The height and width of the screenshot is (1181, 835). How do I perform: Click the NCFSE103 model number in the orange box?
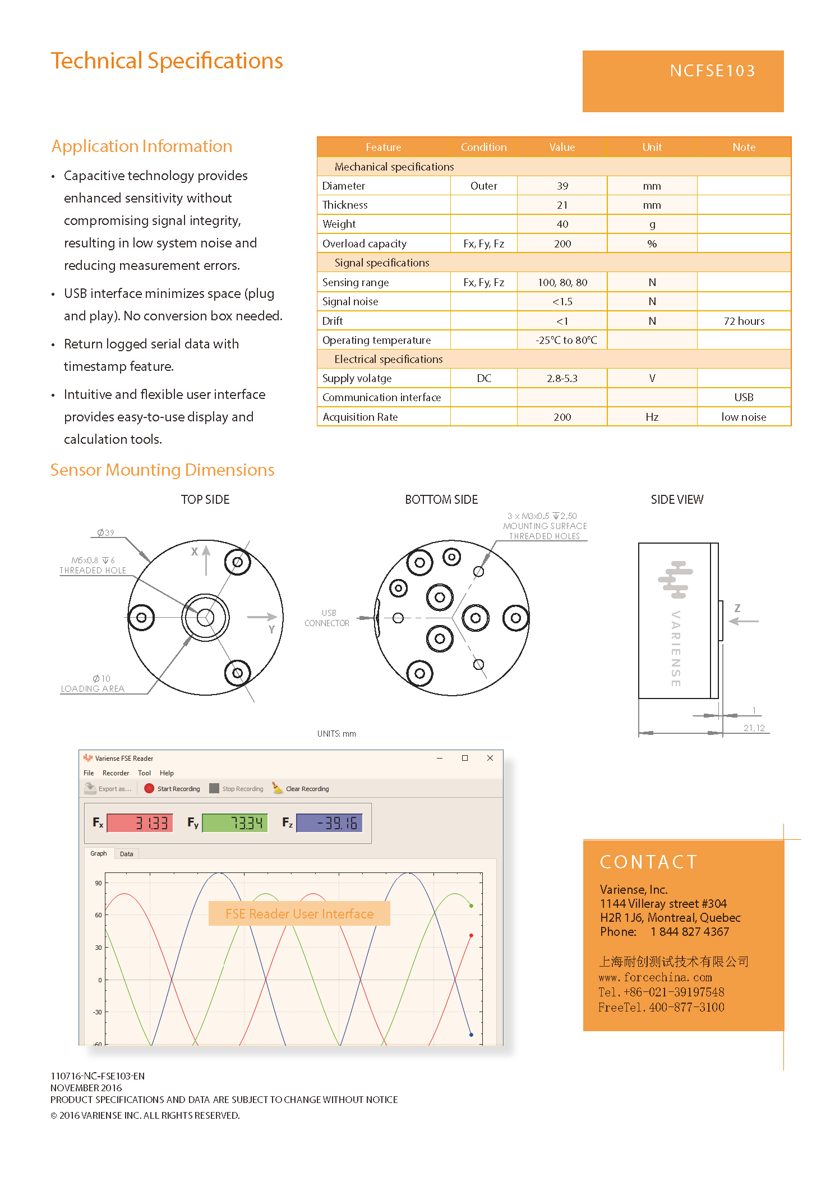point(712,71)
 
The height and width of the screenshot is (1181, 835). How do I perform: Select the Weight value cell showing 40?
point(562,224)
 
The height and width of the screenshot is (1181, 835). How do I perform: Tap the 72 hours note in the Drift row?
point(744,321)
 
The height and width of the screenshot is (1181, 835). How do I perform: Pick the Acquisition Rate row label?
point(360,417)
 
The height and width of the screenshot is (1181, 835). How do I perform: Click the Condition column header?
point(483,147)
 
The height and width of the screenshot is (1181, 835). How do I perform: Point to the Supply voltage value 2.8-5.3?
point(562,379)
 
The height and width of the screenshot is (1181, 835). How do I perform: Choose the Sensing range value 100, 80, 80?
point(562,283)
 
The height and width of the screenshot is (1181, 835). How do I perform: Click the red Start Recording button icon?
point(149,788)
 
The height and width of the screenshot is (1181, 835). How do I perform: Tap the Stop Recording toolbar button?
point(237,789)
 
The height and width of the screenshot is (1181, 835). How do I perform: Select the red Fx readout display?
point(140,823)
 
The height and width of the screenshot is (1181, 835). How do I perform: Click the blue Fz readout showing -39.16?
point(329,823)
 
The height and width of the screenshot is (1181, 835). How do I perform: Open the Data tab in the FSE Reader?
point(127,854)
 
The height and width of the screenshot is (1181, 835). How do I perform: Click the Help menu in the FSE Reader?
point(167,773)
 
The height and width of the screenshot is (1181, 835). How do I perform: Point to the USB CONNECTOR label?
point(327,618)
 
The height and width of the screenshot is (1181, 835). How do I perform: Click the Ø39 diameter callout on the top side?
point(105,532)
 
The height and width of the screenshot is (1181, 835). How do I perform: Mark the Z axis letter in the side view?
point(737,608)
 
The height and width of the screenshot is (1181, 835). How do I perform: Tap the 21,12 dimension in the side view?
point(754,728)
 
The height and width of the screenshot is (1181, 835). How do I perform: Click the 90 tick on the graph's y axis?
point(99,883)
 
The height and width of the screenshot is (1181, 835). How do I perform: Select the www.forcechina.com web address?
point(655,977)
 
